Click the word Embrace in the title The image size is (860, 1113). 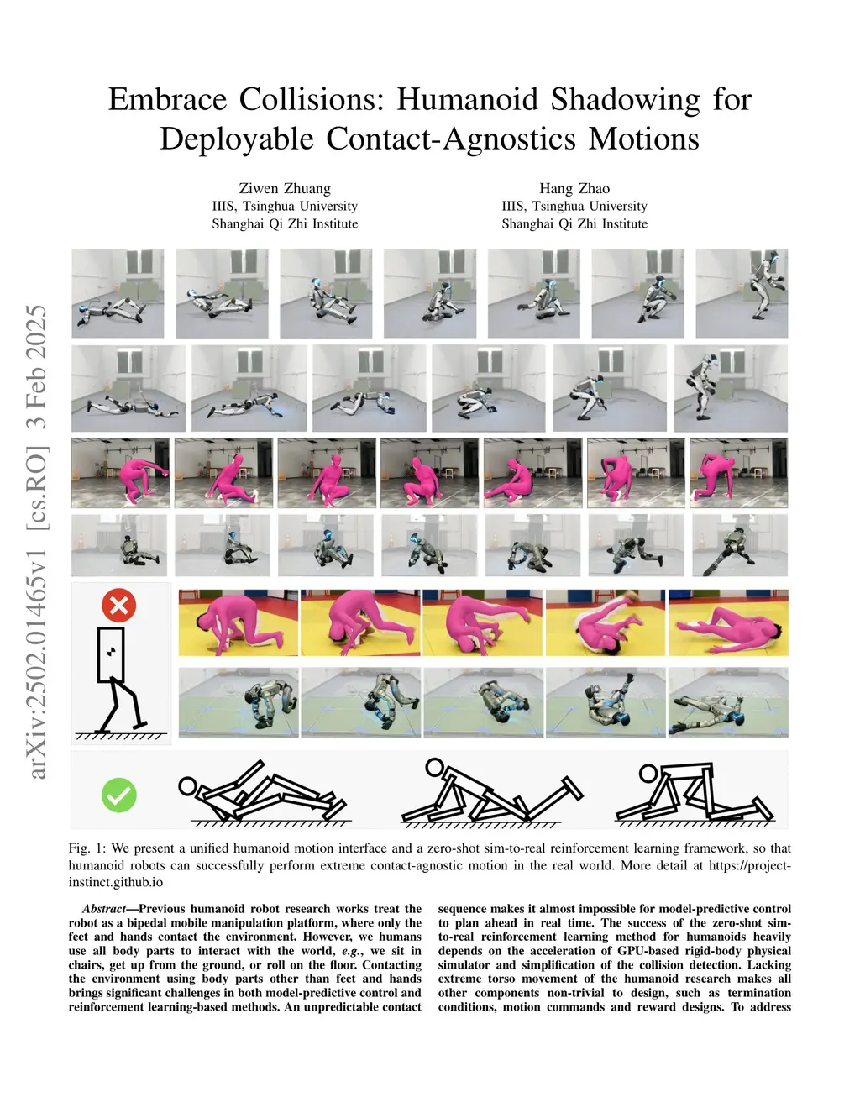coord(168,99)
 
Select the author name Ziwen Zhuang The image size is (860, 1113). coord(285,188)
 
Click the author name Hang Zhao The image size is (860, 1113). coord(574,188)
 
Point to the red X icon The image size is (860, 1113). coord(119,605)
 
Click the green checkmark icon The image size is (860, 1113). coord(119,795)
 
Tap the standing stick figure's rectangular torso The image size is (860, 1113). coord(111,654)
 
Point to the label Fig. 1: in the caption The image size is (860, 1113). coord(87,848)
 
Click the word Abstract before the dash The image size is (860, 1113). coord(104,909)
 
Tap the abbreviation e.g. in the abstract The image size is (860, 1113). coord(351,951)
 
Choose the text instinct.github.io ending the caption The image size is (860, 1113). coord(116,882)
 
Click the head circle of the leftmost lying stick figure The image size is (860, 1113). coord(188,787)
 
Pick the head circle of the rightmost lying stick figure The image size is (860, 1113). coord(648,773)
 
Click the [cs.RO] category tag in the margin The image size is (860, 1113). coord(37,488)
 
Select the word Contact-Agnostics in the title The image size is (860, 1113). coord(451,139)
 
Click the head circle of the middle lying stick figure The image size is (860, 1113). coord(434,767)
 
